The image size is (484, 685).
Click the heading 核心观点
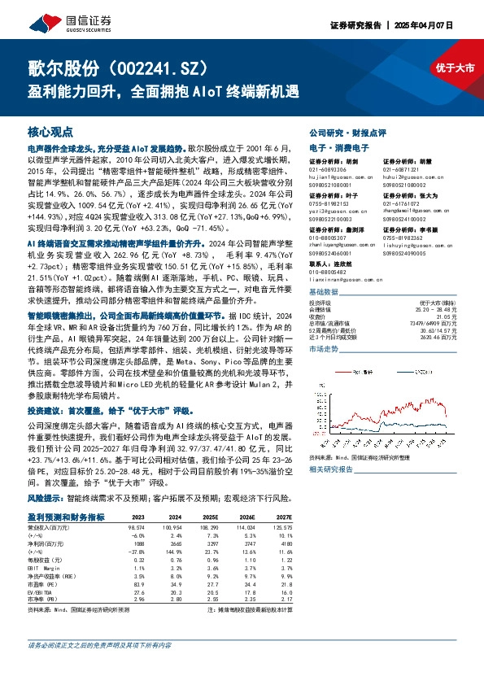tap(50, 131)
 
